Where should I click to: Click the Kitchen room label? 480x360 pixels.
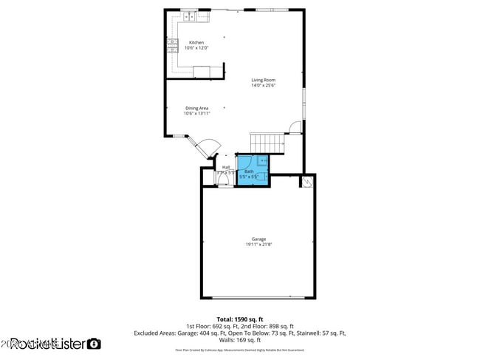[196, 42]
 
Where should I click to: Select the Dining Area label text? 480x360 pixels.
[196, 108]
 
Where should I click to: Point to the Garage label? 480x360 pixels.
[258, 239]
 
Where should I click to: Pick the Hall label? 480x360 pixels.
[225, 167]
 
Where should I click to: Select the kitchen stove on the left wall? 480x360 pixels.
[171, 46]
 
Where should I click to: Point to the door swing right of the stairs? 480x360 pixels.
[295, 127]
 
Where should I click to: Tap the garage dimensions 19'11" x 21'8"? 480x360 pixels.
[258, 245]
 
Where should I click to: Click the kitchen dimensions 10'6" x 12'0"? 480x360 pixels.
[196, 48]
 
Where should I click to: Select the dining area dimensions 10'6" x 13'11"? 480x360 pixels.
[197, 114]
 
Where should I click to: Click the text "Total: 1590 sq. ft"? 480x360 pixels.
[240, 319]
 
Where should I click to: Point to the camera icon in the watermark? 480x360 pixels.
[94, 344]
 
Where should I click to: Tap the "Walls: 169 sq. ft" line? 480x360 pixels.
[240, 340]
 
